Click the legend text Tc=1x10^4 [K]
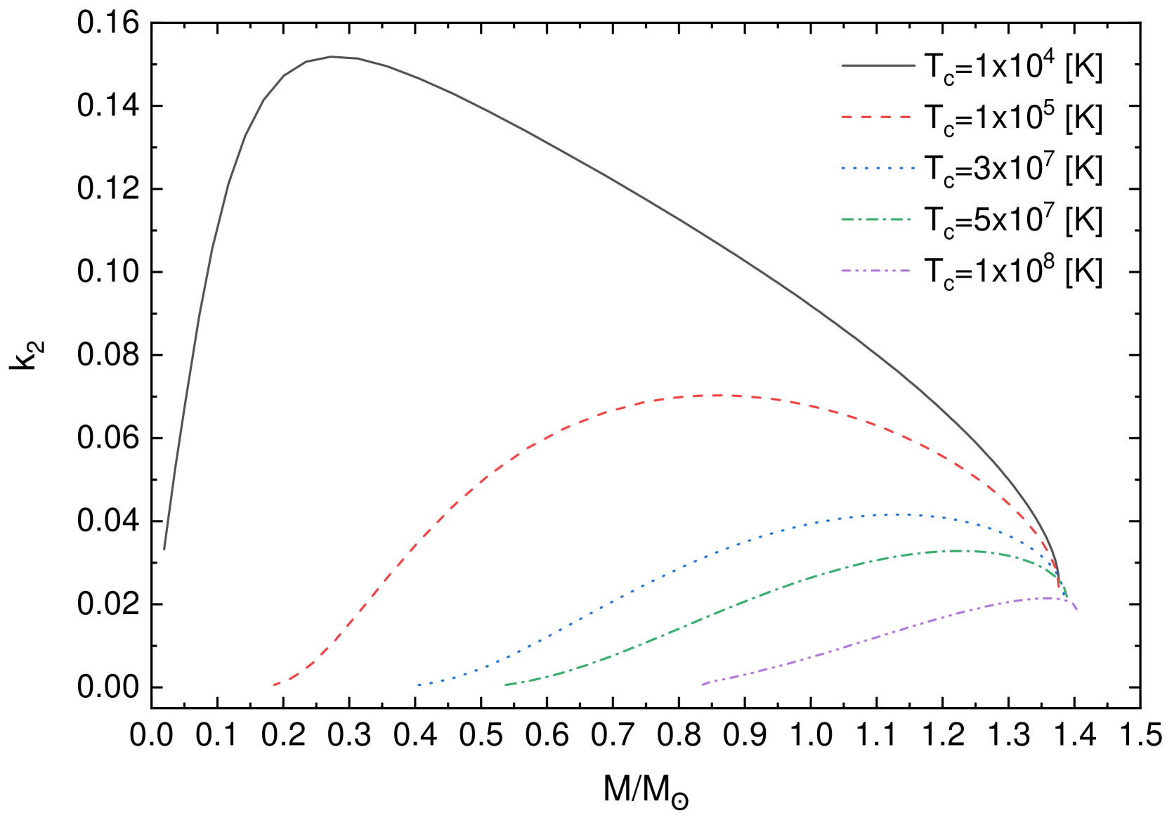1012,67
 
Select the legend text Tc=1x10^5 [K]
1012,118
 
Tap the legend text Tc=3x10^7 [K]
1012,169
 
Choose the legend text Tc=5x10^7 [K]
1012,220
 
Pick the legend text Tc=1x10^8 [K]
1012,271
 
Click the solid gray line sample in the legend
878,66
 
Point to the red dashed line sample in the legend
878,117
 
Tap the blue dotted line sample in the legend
878,169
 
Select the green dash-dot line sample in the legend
878,219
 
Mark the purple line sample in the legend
878,271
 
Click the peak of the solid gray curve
332,57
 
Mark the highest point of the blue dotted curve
899,514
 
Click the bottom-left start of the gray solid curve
164,549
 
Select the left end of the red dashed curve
274,684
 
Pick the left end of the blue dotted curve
419,684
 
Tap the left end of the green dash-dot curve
505,684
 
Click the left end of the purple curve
702,684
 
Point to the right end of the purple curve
1076,609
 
